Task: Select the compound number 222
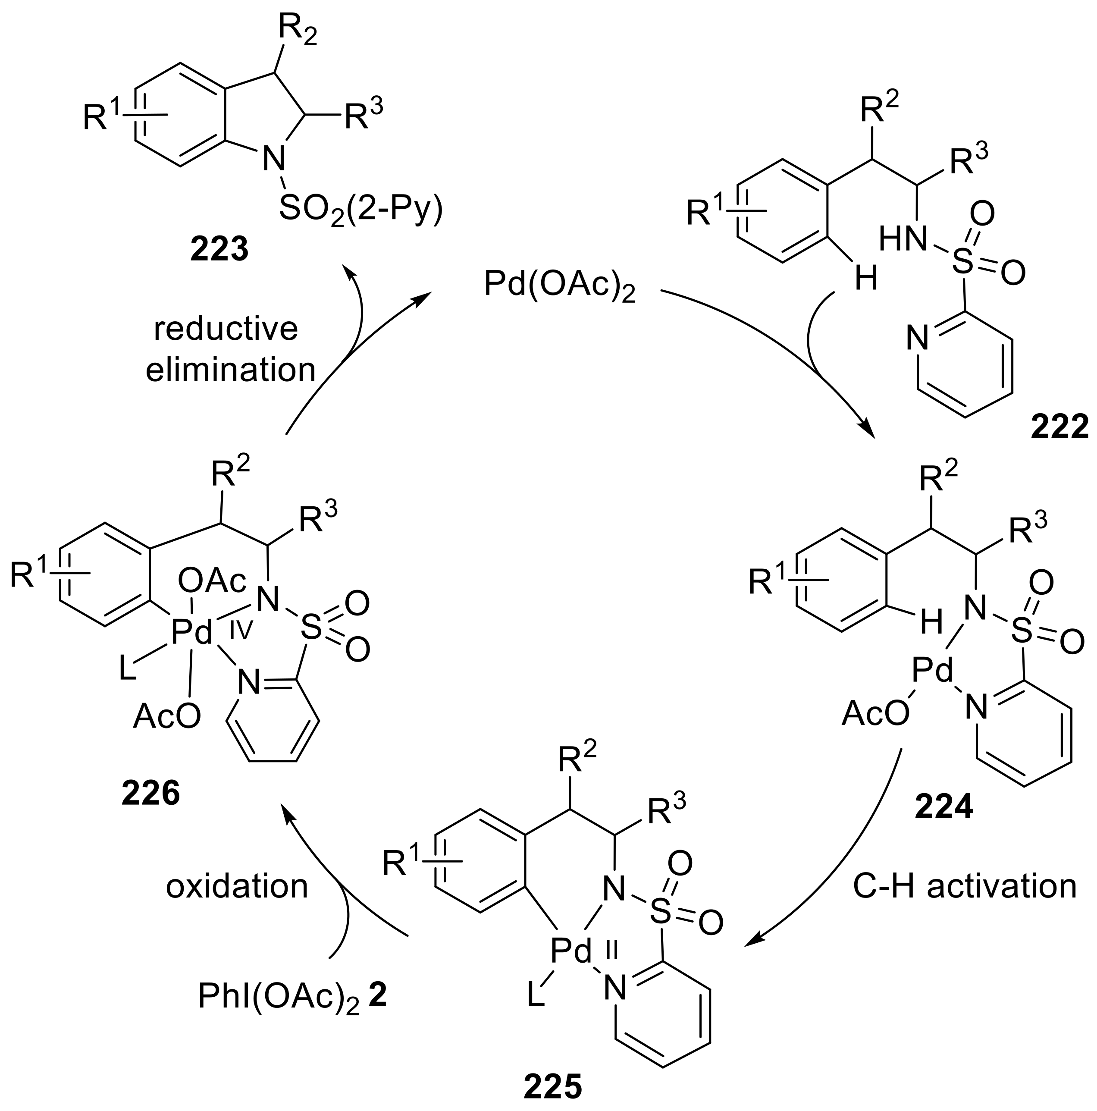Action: [1059, 428]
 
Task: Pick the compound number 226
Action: [150, 794]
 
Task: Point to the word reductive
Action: [226, 329]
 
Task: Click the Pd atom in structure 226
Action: [191, 633]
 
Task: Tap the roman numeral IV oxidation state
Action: [241, 632]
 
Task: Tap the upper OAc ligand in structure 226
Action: [212, 581]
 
